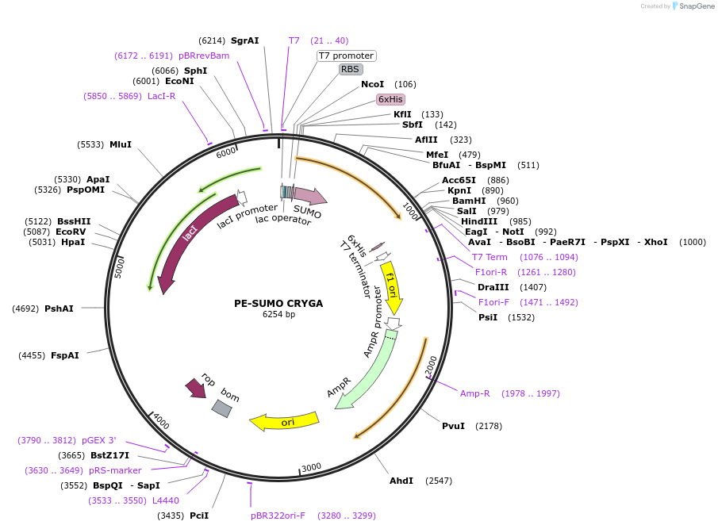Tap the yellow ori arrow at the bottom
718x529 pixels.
(x=284, y=421)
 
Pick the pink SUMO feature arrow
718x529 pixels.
(x=309, y=197)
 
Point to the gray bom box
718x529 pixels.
(x=222, y=408)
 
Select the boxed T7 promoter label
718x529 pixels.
(x=346, y=56)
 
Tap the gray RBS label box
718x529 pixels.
(x=350, y=70)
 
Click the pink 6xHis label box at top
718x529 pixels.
(x=390, y=99)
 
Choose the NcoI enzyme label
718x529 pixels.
(x=372, y=84)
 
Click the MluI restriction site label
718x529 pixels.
(x=121, y=144)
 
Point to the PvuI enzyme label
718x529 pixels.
(x=453, y=426)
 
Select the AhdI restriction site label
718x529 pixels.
(x=401, y=481)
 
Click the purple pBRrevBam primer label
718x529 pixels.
(x=204, y=56)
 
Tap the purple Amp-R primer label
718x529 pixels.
(x=475, y=393)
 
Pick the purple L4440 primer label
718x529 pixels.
(x=166, y=500)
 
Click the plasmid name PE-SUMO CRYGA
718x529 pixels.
(x=278, y=303)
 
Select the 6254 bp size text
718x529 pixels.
(x=278, y=314)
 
